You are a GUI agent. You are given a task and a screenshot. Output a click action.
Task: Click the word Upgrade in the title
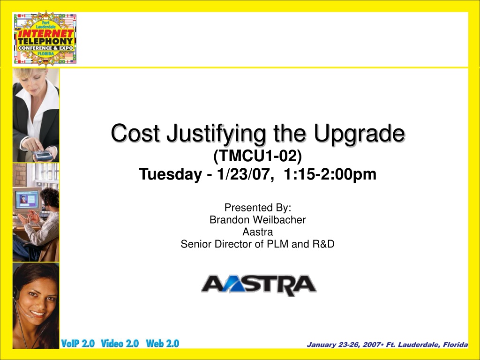[360, 134]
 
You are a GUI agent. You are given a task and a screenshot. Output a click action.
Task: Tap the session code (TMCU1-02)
[257, 156]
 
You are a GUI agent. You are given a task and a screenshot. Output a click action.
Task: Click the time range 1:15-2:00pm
[330, 174]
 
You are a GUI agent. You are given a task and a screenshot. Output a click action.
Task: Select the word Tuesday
[170, 174]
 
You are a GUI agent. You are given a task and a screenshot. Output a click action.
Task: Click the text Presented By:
[258, 208]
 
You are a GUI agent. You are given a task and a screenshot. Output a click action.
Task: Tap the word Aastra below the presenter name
[258, 232]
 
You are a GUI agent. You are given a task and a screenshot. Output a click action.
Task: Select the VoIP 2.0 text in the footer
[78, 344]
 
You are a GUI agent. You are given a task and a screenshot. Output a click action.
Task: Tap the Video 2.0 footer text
[120, 344]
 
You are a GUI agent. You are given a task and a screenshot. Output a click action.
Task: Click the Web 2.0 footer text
[163, 344]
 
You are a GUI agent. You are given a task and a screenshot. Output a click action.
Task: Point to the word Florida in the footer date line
[456, 345]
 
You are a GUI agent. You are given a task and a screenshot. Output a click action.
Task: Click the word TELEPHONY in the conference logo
[45, 41]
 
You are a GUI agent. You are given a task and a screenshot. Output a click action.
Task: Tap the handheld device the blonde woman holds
[43, 156]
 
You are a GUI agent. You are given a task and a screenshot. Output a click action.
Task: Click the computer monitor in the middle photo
[27, 201]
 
